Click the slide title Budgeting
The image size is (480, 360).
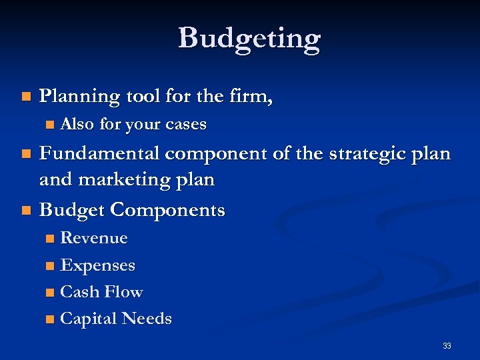(249, 39)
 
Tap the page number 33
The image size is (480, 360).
(447, 345)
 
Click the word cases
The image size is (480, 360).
(186, 125)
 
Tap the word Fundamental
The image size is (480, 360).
(99, 154)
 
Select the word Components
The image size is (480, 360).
(168, 211)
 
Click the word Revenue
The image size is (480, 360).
(94, 238)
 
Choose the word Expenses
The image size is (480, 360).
(97, 265)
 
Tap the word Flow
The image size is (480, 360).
(125, 292)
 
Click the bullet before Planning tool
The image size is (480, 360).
(25, 97)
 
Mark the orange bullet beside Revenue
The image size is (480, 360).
(50, 239)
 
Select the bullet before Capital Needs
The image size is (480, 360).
(50, 319)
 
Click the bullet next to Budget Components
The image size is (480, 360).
(25, 211)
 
